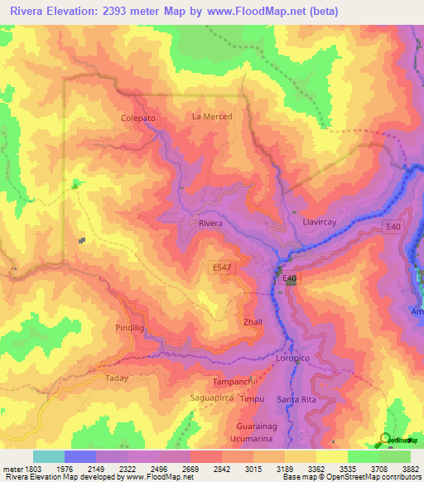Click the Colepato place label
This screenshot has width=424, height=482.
138,118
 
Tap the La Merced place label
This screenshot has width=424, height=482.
212,117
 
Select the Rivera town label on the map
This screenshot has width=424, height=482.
211,224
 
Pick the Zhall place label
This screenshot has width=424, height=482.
253,321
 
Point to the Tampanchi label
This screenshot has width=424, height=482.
231,382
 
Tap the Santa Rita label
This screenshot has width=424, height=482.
296,400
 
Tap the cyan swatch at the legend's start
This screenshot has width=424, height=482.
48,456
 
